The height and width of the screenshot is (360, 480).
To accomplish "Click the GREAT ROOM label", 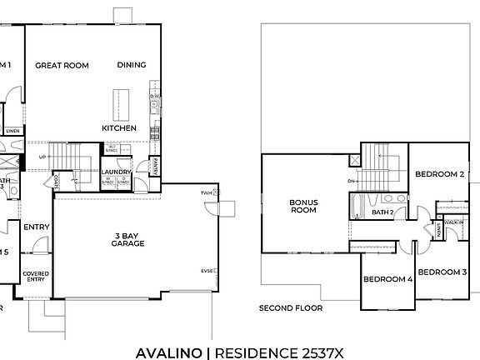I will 62,65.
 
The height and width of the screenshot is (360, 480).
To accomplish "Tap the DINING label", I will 132,65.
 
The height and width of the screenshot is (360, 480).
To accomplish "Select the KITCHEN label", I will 118,128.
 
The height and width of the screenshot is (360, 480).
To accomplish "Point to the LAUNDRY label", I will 116,172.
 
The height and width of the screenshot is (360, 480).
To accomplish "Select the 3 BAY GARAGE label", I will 129,240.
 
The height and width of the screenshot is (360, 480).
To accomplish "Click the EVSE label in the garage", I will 205,271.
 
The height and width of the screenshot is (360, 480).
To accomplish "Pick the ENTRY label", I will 36,227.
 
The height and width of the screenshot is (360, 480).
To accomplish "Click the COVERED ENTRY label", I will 35,277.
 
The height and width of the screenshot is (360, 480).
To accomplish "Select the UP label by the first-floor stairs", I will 43,156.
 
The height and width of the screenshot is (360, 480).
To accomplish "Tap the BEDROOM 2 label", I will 439,174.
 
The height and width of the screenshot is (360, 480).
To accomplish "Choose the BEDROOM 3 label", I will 442,272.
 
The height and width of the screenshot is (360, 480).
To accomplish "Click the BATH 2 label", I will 382,212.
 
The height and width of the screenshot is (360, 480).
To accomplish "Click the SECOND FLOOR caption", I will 290,307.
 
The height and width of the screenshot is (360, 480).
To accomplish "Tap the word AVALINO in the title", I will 169,352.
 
